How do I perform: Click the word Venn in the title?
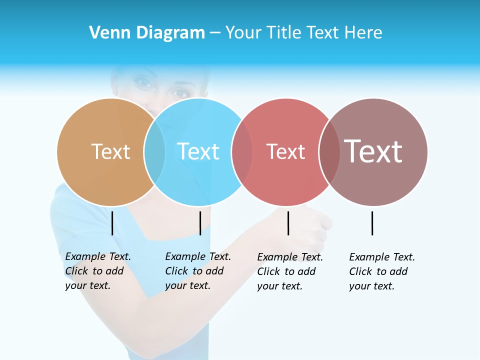[x=107, y=33]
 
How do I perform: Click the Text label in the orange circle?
[x=110, y=151]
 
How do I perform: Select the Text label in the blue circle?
[x=198, y=151]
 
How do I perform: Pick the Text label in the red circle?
[x=285, y=151]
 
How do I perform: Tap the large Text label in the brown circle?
[x=373, y=151]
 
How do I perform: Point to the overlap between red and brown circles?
[x=329, y=152]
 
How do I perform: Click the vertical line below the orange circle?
[x=112, y=223]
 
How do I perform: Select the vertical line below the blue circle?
[x=200, y=223]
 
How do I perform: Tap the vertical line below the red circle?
[x=288, y=223]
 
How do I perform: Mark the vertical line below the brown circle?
[x=372, y=223]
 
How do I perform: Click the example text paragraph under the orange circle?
[x=98, y=271]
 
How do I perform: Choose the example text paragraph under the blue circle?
[x=198, y=271]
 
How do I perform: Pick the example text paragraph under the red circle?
[x=290, y=271]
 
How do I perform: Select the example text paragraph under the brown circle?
[x=382, y=271]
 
